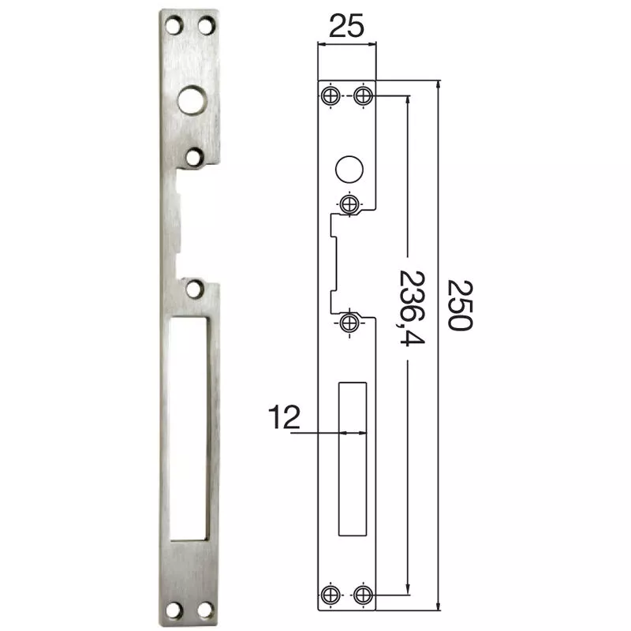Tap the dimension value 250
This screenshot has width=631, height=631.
pyautogui.click(x=458, y=304)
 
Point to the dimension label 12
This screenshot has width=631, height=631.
pyautogui.click(x=285, y=416)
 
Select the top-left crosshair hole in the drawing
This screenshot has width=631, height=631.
pyautogui.click(x=330, y=96)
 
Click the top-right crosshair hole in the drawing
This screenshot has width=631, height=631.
pyautogui.click(x=362, y=96)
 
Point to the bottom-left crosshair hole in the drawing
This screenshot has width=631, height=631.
pyautogui.click(x=330, y=593)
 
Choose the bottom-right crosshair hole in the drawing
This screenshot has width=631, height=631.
pyautogui.click(x=362, y=593)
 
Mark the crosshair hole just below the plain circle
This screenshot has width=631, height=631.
pyautogui.click(x=348, y=203)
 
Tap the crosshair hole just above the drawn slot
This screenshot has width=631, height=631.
pyautogui.click(x=348, y=321)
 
